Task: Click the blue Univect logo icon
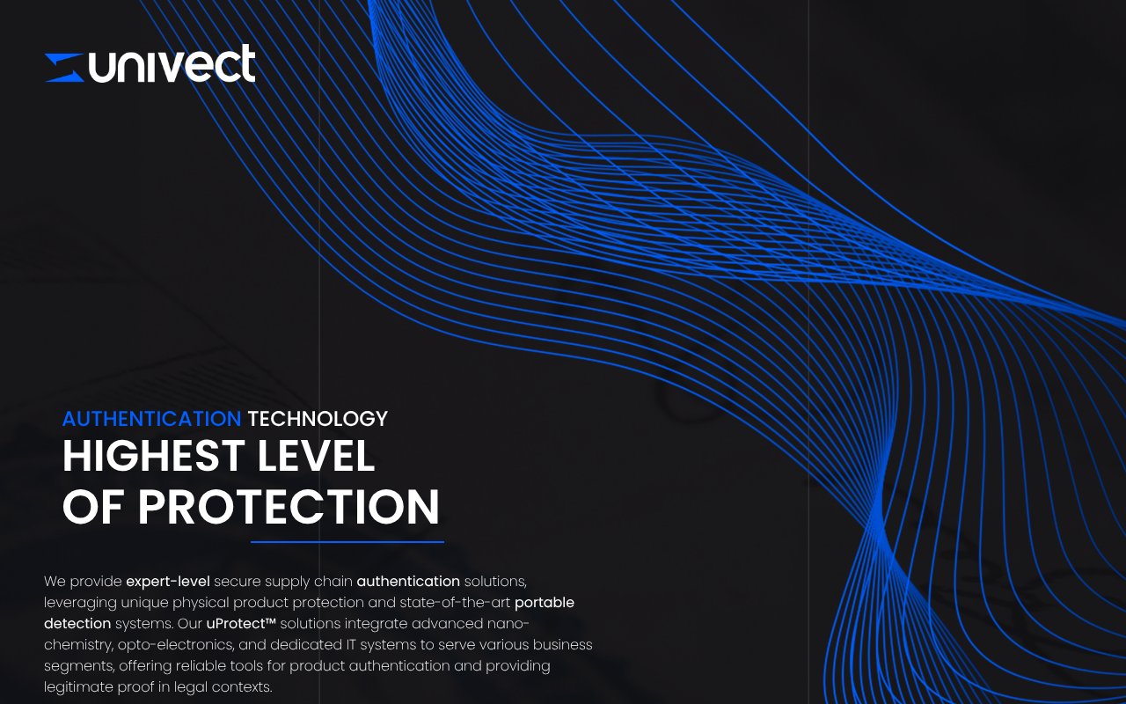point(64,68)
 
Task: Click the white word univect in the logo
point(172,65)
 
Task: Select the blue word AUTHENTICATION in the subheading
point(151,419)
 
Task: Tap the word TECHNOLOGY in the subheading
point(318,419)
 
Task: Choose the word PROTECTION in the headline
point(289,507)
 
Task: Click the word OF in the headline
point(92,507)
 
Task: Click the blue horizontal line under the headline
point(347,542)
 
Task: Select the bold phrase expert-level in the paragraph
point(167,582)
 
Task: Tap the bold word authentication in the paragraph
point(408,582)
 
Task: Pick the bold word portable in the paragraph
point(545,603)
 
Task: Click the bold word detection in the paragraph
point(77,624)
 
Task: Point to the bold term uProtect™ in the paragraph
point(241,624)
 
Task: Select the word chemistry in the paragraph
point(77,645)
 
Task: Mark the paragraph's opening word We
point(55,582)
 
